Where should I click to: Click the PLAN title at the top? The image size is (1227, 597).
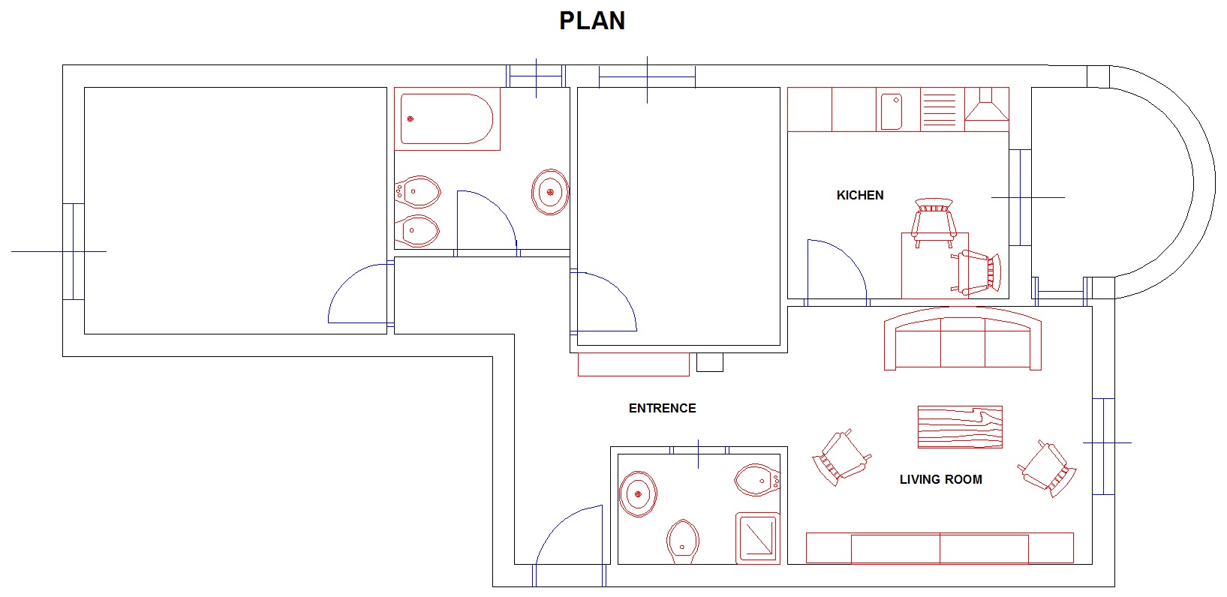pos(591,21)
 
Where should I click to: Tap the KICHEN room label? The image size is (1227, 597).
pos(860,195)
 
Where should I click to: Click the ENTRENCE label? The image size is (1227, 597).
pos(662,408)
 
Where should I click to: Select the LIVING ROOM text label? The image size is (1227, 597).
pos(940,479)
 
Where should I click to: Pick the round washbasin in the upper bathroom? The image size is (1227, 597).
pos(550,192)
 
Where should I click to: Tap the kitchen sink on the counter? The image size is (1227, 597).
pos(892,111)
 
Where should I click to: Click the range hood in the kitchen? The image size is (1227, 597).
pos(986,104)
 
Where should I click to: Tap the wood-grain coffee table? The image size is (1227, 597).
pos(960,427)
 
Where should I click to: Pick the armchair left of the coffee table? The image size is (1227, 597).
pos(841,457)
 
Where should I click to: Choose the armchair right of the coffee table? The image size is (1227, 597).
pos(1048,469)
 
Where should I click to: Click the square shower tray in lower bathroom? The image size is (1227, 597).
pos(757,537)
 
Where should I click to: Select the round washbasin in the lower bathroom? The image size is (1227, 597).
pos(638,494)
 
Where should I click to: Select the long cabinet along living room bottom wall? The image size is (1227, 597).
pos(940,547)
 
